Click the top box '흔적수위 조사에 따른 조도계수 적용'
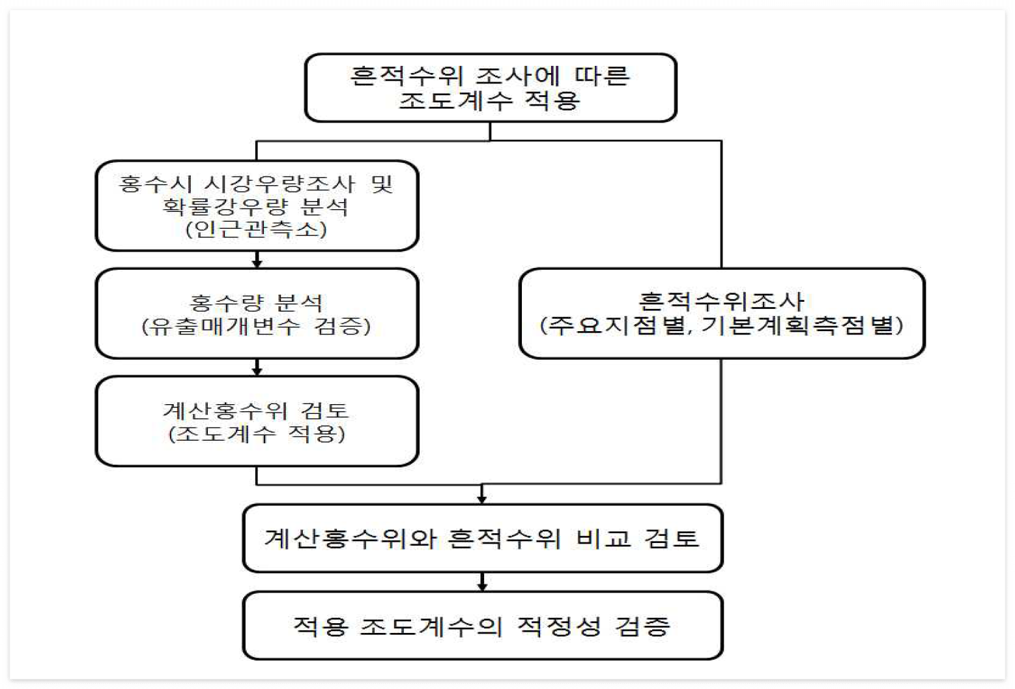coord(491,88)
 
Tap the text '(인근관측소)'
coord(256,229)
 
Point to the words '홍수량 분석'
coord(256,302)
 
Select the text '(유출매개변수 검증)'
coord(256,326)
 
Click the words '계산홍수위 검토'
coord(256,410)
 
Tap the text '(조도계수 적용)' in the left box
coord(256,433)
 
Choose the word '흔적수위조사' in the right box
coord(721,301)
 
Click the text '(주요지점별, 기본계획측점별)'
coord(721,325)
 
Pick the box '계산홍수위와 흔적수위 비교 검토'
coord(482,538)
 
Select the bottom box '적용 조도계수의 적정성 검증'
coord(482,626)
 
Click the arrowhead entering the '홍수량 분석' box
coord(257,263)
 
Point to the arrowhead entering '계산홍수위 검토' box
coord(257,371)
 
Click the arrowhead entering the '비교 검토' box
coord(482,499)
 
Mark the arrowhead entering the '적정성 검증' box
coord(482,587)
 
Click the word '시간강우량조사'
coord(279,184)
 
